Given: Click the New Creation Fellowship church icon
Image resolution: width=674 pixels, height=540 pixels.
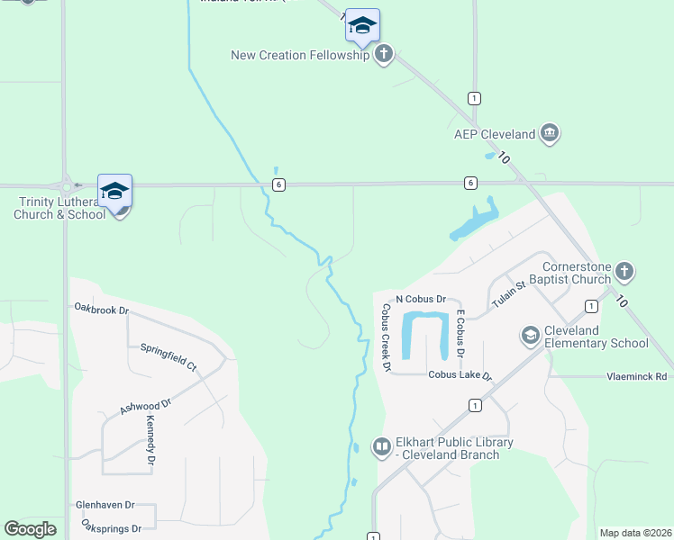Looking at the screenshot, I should (385, 54).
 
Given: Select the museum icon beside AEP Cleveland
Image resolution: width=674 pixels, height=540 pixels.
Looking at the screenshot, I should (550, 135).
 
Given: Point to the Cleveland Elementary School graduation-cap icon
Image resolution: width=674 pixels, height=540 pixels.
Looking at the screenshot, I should (531, 336).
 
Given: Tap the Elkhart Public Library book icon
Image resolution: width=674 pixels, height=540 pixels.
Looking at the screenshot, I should (382, 446).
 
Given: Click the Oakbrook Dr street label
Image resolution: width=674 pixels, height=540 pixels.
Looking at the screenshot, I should (102, 310).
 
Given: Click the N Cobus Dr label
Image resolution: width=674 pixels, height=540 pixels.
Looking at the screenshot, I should (421, 299).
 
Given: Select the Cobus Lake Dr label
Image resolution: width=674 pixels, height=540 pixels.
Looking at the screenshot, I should (460, 375).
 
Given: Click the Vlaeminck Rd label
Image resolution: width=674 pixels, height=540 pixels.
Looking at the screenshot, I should (636, 376).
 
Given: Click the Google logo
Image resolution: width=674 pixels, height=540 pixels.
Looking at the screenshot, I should (30, 529).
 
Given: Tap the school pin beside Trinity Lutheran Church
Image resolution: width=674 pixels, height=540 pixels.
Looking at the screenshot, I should (114, 192).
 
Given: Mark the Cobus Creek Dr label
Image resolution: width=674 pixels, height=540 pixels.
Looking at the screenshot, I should (386, 337).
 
